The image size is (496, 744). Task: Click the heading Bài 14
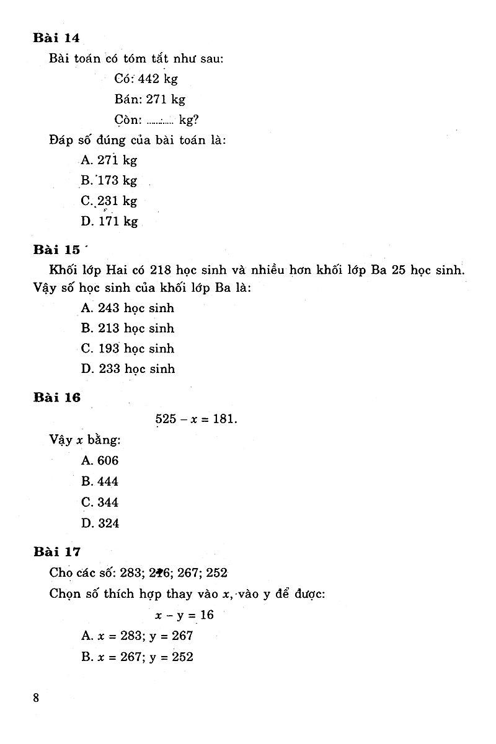click(56, 38)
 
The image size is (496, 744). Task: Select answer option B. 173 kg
click(109, 181)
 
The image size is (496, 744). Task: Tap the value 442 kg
click(157, 79)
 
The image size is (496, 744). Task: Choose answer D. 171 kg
click(110, 221)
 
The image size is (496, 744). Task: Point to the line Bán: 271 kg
click(149, 99)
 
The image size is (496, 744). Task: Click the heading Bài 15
click(56, 250)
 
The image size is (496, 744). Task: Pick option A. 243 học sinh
click(128, 308)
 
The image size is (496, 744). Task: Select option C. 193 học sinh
click(128, 348)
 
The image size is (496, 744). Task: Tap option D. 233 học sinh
click(128, 369)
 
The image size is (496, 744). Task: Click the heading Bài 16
click(56, 398)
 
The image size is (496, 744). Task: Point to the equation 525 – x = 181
click(196, 419)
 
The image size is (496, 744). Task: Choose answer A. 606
click(100, 460)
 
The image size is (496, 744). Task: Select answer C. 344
click(100, 502)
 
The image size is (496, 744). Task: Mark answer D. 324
click(100, 523)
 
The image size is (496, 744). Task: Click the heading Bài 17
click(56, 551)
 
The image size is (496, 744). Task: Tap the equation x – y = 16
click(184, 615)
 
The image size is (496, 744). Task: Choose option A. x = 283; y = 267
click(137, 636)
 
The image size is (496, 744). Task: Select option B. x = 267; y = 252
click(137, 656)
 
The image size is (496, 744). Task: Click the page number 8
click(36, 698)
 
